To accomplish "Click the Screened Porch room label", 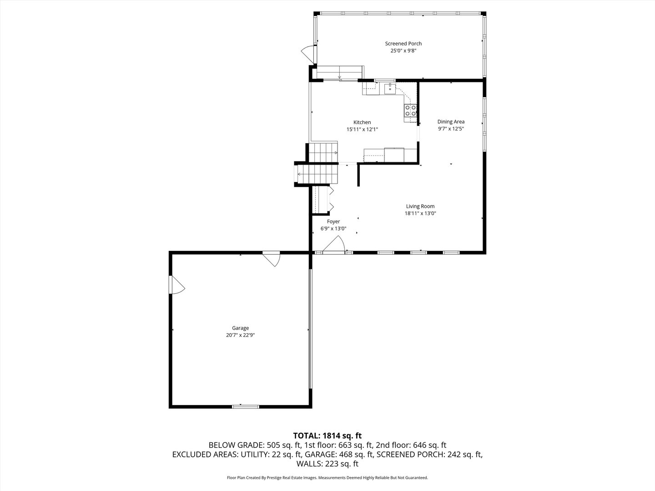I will (403, 44).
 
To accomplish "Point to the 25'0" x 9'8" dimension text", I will (403, 51).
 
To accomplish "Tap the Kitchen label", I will (362, 122).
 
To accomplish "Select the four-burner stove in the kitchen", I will (410, 110).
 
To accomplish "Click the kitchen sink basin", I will (390, 89).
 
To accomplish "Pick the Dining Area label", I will (451, 121).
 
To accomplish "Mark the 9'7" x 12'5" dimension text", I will (451, 129).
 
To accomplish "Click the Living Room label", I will (420, 206).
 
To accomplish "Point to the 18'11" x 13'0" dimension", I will (420, 213).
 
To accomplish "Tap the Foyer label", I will (333, 222).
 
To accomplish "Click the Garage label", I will (240, 328).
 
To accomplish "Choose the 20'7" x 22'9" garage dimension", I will (240, 335).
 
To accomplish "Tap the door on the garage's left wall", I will (176, 285).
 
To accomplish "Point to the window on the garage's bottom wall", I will (246, 406).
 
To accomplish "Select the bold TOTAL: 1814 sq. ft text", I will (327, 436).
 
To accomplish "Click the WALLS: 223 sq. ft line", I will (327, 464).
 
